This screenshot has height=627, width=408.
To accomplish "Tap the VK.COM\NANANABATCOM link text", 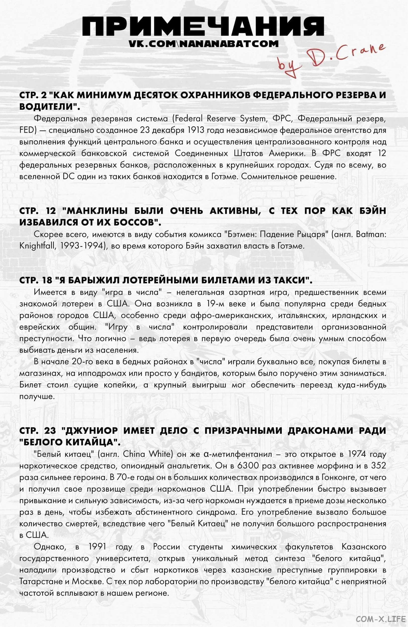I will point(203,43).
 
